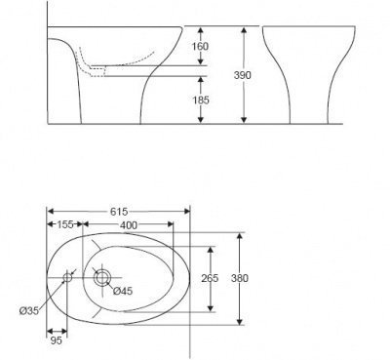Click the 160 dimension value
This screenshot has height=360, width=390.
(200, 46)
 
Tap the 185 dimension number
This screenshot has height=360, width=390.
(201, 100)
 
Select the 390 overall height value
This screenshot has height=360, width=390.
(243, 75)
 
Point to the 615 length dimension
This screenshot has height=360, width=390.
(119, 212)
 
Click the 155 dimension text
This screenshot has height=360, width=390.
(65, 224)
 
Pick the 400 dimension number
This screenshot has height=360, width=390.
(129, 225)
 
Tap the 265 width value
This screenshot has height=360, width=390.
(210, 278)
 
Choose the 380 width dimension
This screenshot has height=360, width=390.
(240, 278)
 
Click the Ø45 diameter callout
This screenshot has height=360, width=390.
(123, 291)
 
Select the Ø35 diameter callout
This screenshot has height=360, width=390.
(28, 311)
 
